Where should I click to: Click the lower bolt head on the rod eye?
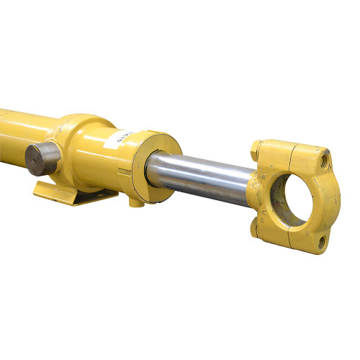[255, 229]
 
